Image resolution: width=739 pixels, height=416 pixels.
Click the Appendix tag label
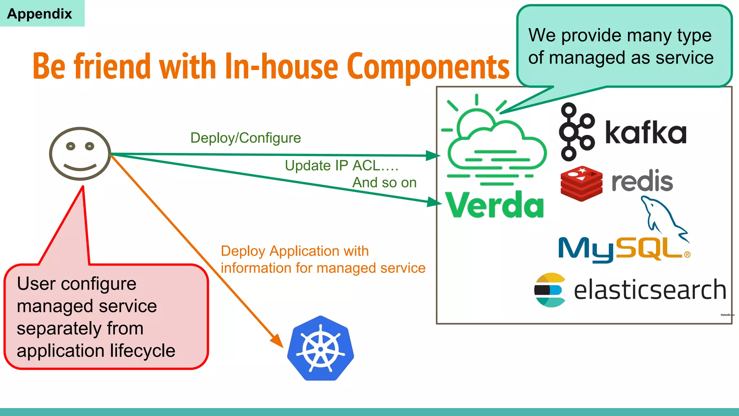[x=40, y=14]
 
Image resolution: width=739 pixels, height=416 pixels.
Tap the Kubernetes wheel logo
[x=320, y=348]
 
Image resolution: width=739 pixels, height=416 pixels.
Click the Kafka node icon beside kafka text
[x=576, y=132]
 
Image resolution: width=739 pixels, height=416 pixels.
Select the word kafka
[x=646, y=133]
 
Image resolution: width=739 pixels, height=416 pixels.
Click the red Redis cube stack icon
[x=581, y=183]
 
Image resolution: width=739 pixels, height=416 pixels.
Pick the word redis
[x=642, y=181]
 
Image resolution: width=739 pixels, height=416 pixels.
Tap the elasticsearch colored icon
[x=550, y=290]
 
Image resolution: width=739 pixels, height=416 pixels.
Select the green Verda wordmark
[x=494, y=205]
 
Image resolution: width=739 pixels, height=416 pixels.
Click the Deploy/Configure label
[x=245, y=138]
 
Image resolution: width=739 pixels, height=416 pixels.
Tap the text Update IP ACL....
[x=341, y=166]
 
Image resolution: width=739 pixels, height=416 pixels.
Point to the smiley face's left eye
[x=71, y=146]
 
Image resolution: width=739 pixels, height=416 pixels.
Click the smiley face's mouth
[x=80, y=168]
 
